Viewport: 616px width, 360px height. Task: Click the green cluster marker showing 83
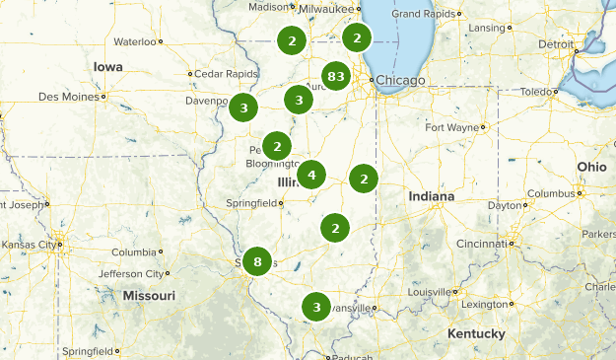click(x=336, y=76)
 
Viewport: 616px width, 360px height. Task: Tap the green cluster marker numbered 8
click(x=257, y=261)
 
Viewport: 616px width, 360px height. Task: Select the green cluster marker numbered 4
click(x=311, y=176)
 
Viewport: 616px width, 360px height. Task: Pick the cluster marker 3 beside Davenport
click(x=243, y=107)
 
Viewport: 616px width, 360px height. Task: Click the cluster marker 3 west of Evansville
click(x=316, y=307)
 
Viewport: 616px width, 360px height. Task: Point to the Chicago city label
click(x=400, y=79)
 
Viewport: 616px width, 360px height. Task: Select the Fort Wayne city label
click(x=451, y=127)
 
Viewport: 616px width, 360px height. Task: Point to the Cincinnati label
click(x=483, y=243)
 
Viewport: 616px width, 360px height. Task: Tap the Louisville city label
click(x=427, y=293)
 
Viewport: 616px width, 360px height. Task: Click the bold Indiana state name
click(x=432, y=197)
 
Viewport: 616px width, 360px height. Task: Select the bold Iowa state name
click(x=108, y=66)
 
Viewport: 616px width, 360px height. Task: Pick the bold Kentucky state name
click(x=476, y=334)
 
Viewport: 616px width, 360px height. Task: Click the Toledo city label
click(x=533, y=92)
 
